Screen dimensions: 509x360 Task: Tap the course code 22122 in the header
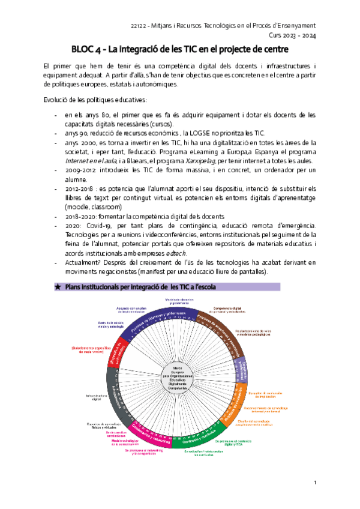pyautogui.click(x=140, y=25)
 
